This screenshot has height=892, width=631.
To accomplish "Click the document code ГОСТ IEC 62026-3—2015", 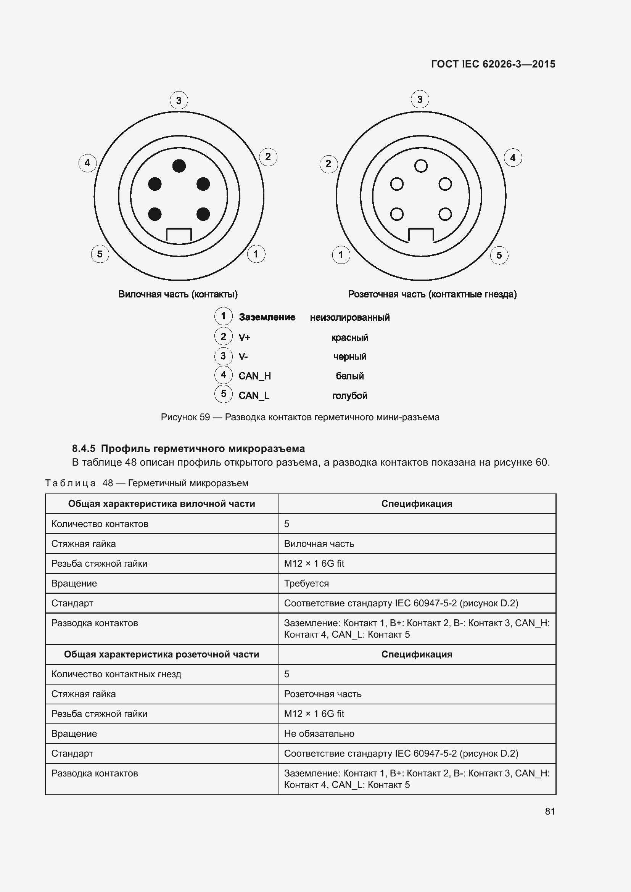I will [x=493, y=64].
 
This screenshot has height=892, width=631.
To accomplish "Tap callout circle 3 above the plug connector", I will [x=179, y=100].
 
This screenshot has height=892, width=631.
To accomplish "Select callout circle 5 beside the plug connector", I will [x=100, y=254].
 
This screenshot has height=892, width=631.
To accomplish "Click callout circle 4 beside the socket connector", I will [x=512, y=158].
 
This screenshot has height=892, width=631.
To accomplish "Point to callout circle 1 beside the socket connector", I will [x=341, y=255].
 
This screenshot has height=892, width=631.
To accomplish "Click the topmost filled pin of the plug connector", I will [x=179, y=166].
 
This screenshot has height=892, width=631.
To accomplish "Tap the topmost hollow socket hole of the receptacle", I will [x=421, y=166].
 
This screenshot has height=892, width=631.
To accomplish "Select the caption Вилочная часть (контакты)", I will [x=178, y=294].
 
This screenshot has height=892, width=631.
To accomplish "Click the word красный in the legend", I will [x=350, y=338].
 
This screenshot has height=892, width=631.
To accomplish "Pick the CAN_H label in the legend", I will [x=254, y=376].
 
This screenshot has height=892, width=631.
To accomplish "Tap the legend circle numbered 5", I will [x=224, y=394].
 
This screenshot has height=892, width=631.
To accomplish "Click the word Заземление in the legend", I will [x=267, y=317].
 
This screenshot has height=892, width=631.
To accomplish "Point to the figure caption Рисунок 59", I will [x=300, y=417].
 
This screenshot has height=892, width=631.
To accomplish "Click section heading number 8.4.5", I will [x=84, y=449].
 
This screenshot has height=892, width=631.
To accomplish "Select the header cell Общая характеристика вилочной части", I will [x=162, y=504].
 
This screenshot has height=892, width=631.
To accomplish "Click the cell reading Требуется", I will [x=306, y=583].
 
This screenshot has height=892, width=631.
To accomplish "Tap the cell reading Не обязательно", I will [x=319, y=733].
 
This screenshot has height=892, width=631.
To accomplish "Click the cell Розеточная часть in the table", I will [x=322, y=694].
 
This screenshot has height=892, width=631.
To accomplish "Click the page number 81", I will [x=550, y=811].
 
